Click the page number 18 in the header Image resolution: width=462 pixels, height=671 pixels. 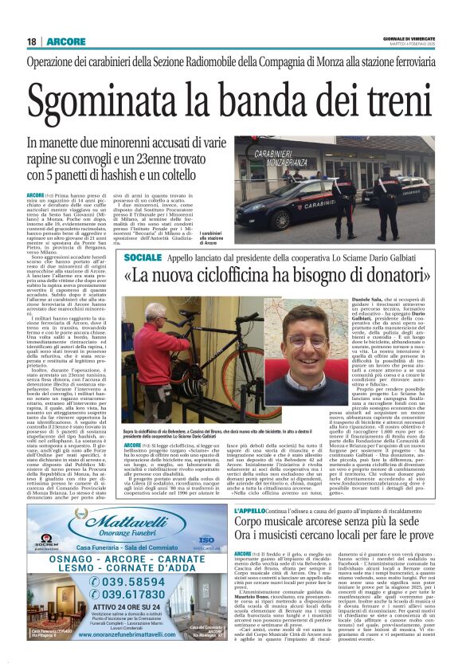point(31,41)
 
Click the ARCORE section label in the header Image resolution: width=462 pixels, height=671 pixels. point(61,41)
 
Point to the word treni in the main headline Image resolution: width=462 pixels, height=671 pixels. point(374,100)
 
